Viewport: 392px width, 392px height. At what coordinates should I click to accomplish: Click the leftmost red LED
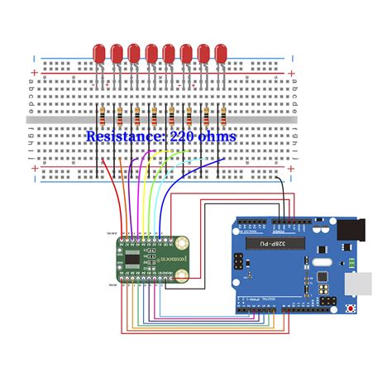coord(98,54)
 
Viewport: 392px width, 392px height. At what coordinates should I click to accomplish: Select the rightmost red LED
coord(221,54)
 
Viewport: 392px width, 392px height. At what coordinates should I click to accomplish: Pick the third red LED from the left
coord(134,54)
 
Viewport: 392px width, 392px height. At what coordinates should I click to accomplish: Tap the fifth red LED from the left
coord(169,54)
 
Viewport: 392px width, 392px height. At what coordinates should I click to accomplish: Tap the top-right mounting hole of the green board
coord(180,243)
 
